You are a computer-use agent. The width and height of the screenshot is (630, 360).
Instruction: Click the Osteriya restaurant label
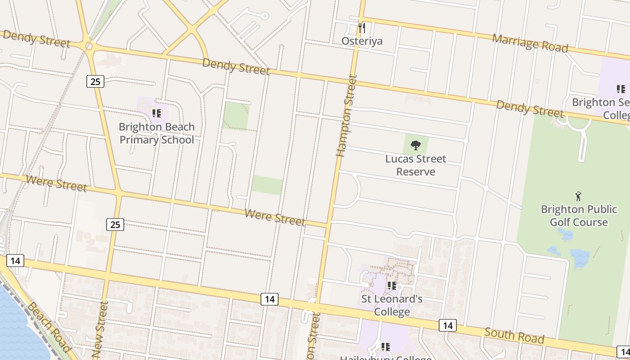[x=362, y=41]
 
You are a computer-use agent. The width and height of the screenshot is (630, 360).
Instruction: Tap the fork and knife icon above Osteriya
[x=362, y=28]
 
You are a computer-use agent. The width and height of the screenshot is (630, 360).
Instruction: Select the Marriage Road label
[x=530, y=43]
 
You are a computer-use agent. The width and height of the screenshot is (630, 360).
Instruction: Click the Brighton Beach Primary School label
[x=157, y=133]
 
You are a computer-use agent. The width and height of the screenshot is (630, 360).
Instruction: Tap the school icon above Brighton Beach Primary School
[x=156, y=113]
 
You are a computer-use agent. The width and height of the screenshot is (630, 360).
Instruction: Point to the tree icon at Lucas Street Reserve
[x=416, y=145]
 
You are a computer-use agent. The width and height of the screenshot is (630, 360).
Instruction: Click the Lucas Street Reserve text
[x=415, y=165]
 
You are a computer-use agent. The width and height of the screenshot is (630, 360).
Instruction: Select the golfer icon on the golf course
[x=578, y=196]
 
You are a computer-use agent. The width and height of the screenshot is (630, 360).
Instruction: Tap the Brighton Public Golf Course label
[x=578, y=216]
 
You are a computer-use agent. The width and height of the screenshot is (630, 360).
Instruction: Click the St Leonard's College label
[x=392, y=305]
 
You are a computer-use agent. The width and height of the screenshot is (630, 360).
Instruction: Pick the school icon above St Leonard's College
[x=392, y=285]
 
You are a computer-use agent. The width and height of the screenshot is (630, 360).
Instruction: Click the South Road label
[x=514, y=336]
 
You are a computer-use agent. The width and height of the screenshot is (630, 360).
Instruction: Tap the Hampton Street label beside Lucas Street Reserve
[x=346, y=116]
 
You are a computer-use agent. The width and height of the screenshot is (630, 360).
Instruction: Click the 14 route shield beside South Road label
[x=447, y=325]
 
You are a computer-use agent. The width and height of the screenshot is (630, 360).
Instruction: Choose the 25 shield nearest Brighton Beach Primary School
[x=95, y=81]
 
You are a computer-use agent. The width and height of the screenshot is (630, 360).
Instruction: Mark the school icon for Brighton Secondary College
[x=621, y=89]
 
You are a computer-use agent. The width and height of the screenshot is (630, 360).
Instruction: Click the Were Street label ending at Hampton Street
[x=274, y=217]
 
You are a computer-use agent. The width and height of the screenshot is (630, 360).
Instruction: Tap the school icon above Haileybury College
[x=385, y=346]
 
